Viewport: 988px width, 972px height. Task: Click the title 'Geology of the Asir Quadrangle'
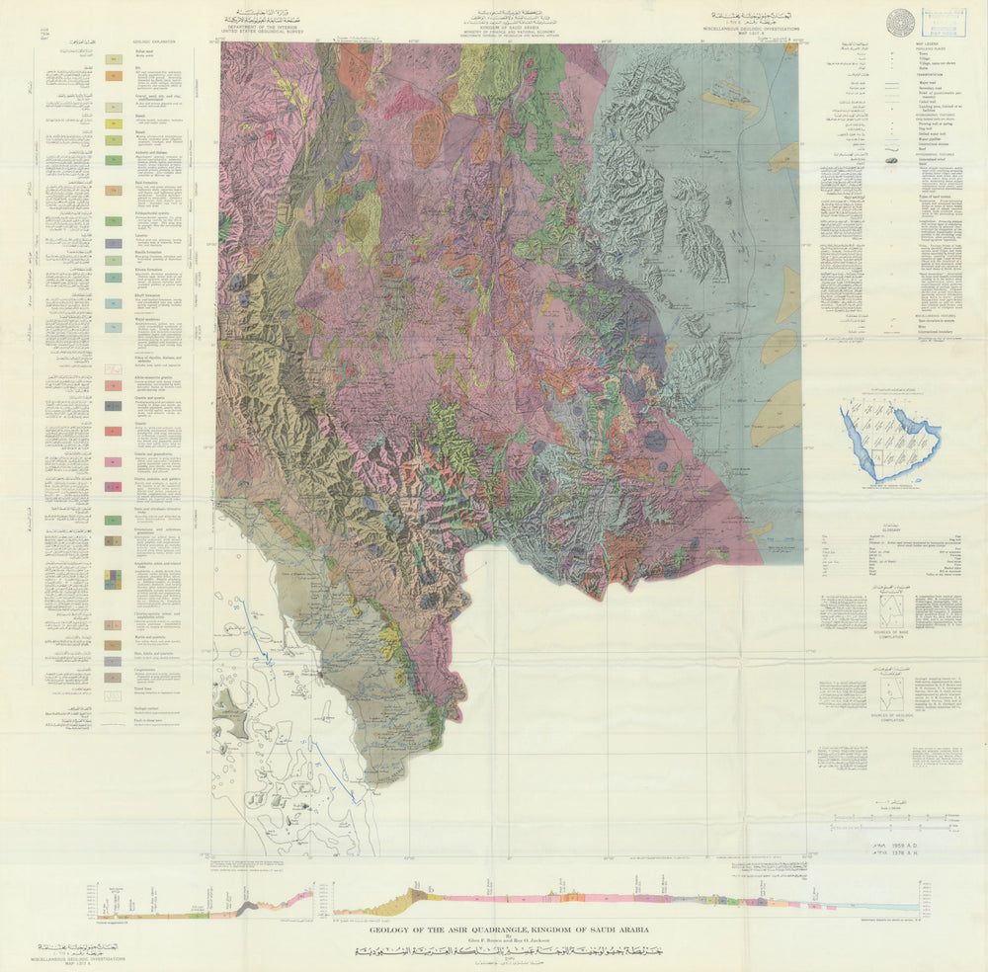click(509, 930)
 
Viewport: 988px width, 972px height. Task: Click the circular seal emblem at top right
click(899, 23)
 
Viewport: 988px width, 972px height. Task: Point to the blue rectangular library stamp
click(944, 22)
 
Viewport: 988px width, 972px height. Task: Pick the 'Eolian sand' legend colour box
click(114, 59)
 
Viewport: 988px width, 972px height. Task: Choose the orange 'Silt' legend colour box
click(114, 75)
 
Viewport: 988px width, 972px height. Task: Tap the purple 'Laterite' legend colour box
click(114, 242)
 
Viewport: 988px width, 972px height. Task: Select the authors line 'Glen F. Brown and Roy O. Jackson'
click(509, 941)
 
